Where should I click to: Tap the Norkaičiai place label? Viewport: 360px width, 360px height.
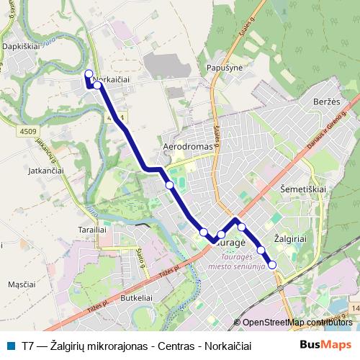pos(111,80)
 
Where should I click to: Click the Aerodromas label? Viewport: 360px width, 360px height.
pos(189,145)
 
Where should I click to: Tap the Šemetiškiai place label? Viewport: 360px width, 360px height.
pos(302,188)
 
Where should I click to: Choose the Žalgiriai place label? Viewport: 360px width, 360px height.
pos(291,237)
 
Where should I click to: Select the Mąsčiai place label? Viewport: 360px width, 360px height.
pos(22,284)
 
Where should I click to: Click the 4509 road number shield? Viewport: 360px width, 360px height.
pos(29,130)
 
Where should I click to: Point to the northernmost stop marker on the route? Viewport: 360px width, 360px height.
pos(89,73)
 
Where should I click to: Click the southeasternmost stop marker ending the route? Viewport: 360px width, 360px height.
pos(272,265)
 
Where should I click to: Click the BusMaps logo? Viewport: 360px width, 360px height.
pos(325,344)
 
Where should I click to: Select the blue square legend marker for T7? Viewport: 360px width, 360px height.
pos(9,345)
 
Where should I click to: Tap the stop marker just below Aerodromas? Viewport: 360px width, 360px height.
pos(169,185)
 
